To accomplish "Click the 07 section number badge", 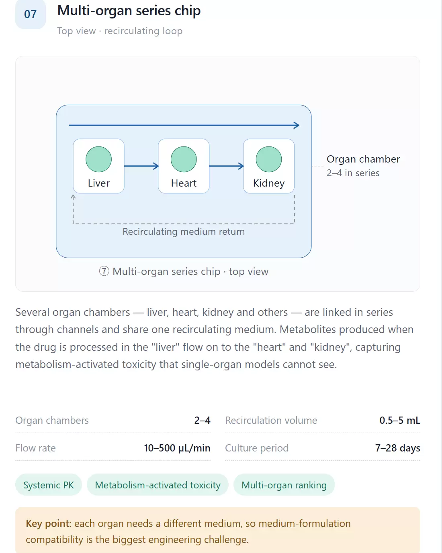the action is [x=31, y=14].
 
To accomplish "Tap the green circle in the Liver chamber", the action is [x=98, y=159].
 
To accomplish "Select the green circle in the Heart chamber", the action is [x=184, y=159].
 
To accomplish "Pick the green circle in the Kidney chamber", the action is [x=269, y=159].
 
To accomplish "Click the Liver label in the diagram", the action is [x=99, y=183].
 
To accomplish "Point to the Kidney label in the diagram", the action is [x=269, y=183].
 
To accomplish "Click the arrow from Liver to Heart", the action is [x=141, y=166].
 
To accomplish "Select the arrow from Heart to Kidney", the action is [x=227, y=166].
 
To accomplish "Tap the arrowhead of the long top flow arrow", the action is [x=297, y=125].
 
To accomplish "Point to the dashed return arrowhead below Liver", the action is [x=73, y=197].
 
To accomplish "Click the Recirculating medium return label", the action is [x=184, y=232].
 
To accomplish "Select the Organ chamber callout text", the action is [x=363, y=159].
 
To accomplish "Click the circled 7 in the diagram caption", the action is [x=104, y=271].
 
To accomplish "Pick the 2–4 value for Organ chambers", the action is [x=202, y=421].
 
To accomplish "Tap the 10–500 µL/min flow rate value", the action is [x=177, y=448].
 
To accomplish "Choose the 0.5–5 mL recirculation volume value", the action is [x=400, y=421].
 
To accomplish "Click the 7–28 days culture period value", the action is [x=398, y=448].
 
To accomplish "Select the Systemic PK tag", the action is [x=49, y=485].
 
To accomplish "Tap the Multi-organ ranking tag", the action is [x=284, y=485].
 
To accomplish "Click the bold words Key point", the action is [x=49, y=524].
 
